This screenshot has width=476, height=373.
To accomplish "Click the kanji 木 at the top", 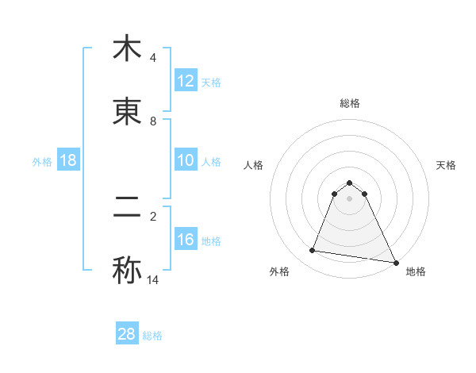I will [127, 48].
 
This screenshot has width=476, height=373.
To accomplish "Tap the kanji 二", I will [127, 207].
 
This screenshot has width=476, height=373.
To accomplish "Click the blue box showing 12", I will [186, 81].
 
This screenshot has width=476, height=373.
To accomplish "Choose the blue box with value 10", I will [186, 160].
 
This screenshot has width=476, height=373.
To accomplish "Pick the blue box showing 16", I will [186, 240].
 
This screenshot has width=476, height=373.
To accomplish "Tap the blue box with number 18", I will [68, 160].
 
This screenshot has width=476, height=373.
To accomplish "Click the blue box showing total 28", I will [127, 334].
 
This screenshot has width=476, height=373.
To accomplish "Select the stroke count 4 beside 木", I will [152, 58].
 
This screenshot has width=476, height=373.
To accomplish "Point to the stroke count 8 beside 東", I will [152, 121].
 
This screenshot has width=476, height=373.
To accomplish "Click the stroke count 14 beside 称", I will [153, 280].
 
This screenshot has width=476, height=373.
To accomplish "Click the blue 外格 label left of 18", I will [42, 161].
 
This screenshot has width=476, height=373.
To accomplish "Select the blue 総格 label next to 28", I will [152, 336].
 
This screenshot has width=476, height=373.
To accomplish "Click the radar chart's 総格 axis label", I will [350, 103].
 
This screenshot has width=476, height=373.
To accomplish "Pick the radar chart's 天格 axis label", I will [447, 165].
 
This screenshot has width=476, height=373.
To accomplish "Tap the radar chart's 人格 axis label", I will [254, 165].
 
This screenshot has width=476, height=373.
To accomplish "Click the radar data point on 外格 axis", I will [313, 251].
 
